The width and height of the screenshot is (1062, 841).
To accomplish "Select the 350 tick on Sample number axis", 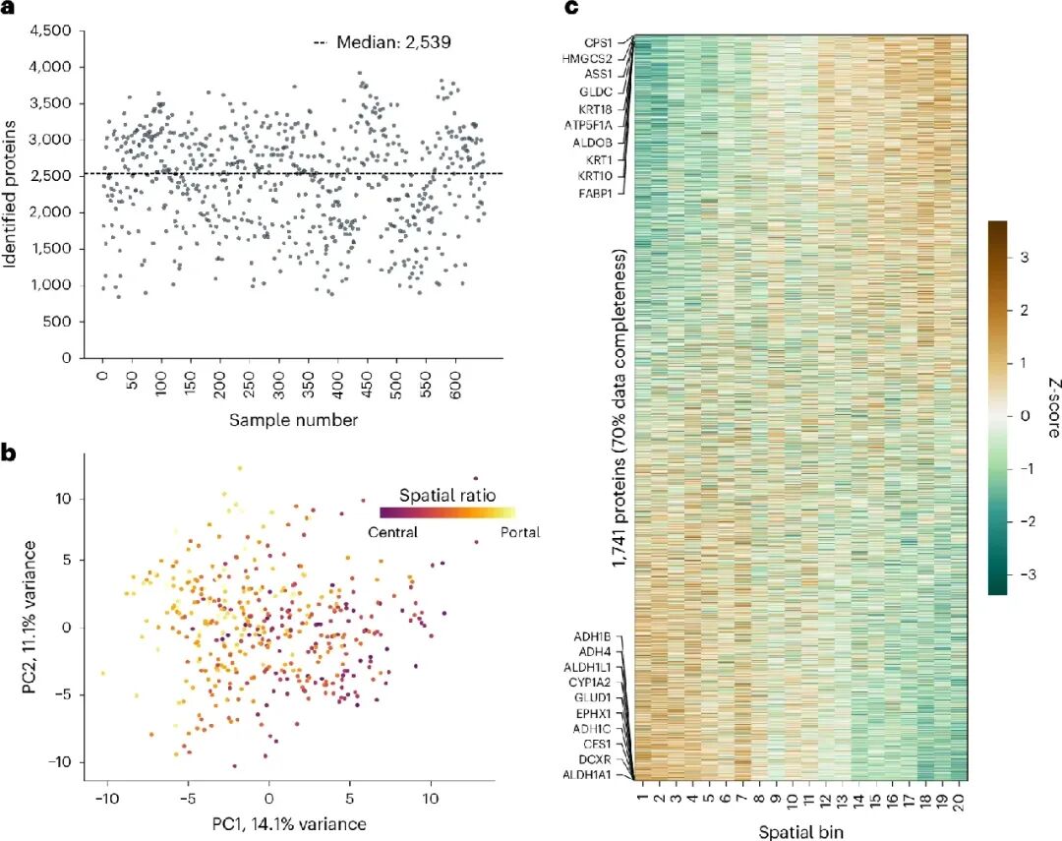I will click(x=337, y=382).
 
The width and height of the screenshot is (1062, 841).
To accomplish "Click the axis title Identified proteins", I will click(x=13, y=197).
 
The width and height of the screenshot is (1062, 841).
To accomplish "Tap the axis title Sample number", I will click(x=279, y=420).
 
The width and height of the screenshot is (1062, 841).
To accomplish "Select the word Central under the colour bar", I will click(x=393, y=532).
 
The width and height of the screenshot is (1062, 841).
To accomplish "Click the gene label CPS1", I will click(x=598, y=42).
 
